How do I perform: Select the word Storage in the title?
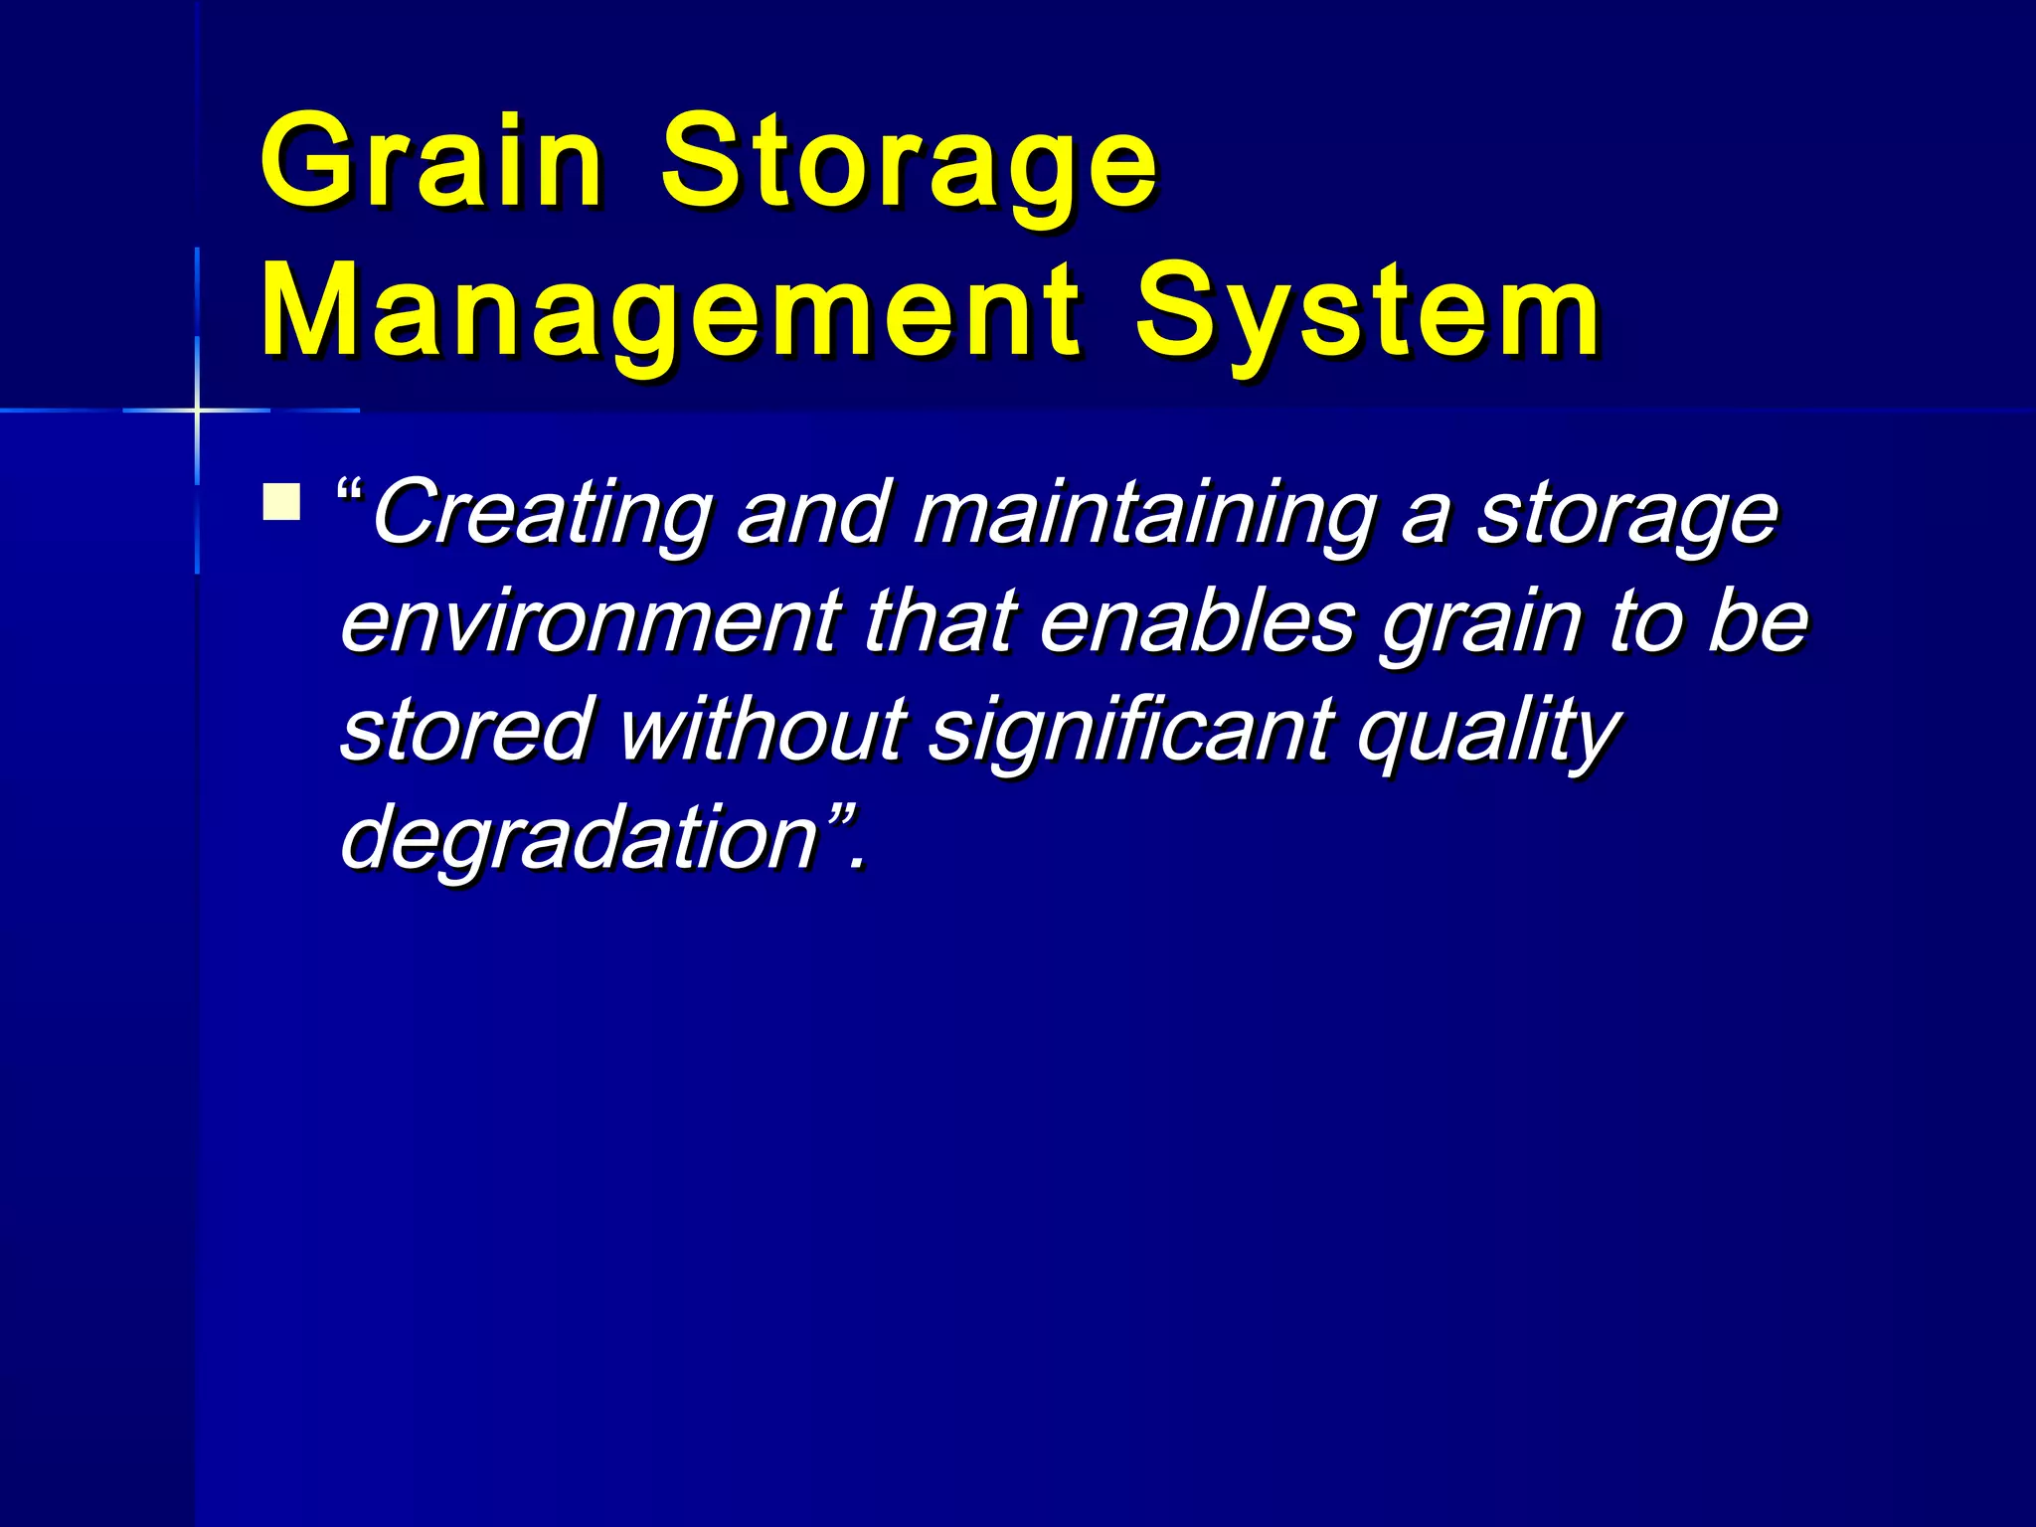point(909,164)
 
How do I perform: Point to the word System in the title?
point(1368,313)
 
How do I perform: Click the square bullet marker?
point(281,501)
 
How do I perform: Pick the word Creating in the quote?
point(542,515)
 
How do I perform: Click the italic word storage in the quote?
point(1626,515)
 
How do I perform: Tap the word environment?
point(591,621)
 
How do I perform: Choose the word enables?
point(1197,621)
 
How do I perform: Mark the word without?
point(762,729)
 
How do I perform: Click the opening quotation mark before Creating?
point(351,493)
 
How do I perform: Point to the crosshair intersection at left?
point(197,410)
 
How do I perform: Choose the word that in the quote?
point(940,621)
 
